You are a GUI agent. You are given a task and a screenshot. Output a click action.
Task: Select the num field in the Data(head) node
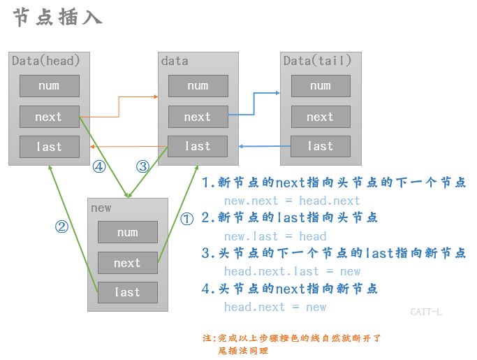click(49, 86)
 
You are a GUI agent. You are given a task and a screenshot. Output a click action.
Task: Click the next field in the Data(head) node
click(49, 117)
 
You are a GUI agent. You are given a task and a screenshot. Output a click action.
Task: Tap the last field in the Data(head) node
click(49, 147)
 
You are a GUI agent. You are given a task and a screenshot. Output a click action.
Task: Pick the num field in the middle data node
click(198, 86)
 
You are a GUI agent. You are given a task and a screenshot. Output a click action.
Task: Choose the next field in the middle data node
click(198, 117)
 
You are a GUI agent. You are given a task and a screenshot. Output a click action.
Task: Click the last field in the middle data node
click(198, 146)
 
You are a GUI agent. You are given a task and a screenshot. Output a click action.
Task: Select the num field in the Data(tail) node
click(321, 86)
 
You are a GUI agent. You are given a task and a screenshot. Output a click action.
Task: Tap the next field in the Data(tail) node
click(321, 117)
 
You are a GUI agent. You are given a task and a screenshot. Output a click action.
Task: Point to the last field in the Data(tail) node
click(321, 146)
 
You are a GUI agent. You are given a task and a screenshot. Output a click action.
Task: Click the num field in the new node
click(127, 232)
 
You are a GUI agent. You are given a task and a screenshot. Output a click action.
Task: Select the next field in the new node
click(127, 263)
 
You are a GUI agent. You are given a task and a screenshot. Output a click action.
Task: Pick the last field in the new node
click(127, 292)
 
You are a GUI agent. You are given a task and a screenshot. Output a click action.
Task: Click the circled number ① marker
click(186, 219)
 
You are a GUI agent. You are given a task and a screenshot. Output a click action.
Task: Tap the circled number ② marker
click(61, 226)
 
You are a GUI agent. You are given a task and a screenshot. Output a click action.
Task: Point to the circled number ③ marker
click(142, 166)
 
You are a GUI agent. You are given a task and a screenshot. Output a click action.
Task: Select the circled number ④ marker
click(98, 166)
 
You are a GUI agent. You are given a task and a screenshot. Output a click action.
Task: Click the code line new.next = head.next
click(292, 201)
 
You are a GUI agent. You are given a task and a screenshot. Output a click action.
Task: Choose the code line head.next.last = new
click(292, 271)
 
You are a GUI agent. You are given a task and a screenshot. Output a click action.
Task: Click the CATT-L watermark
click(426, 312)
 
